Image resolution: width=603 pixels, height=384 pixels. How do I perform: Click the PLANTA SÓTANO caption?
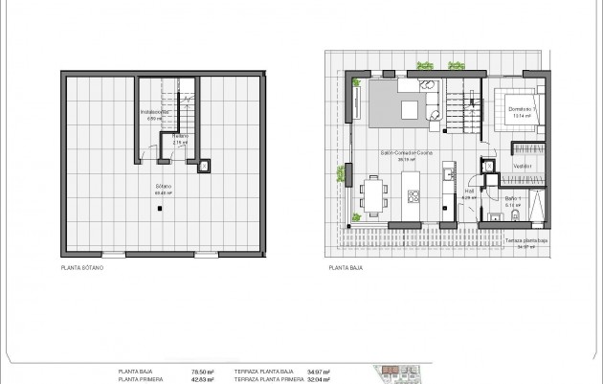click(x=81, y=269)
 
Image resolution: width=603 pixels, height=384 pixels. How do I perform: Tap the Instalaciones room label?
click(x=154, y=113)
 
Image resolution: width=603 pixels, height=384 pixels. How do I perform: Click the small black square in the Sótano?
click(x=205, y=166)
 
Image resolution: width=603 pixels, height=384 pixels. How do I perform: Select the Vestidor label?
click(x=522, y=166)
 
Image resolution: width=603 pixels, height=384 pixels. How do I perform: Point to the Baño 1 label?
click(x=513, y=200)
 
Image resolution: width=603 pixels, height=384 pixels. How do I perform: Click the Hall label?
click(x=470, y=191)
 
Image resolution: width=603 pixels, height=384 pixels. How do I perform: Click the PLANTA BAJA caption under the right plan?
click(x=346, y=269)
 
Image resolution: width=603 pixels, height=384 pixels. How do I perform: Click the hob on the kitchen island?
click(x=414, y=197)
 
